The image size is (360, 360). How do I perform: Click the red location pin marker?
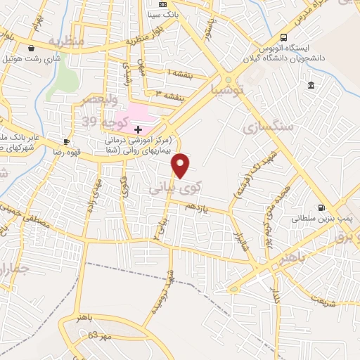pyautogui.click(x=181, y=165)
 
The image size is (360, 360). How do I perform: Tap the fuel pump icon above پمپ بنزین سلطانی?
pyautogui.click(x=321, y=207)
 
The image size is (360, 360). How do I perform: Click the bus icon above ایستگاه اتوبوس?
pyautogui.click(x=283, y=37)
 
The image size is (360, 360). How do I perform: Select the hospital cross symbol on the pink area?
pyautogui.click(x=138, y=129)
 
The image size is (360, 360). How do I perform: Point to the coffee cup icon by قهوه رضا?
pyautogui.click(x=66, y=141)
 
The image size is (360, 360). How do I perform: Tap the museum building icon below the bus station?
pyautogui.click(x=311, y=86)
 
